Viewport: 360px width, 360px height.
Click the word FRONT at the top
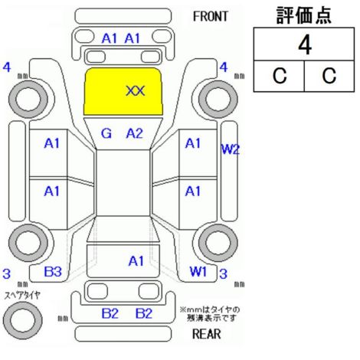[210, 17]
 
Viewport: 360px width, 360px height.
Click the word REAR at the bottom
[206, 334]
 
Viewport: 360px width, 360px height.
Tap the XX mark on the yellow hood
[136, 91]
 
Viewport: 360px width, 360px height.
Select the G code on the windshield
[106, 133]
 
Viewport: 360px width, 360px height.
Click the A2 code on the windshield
[135, 133]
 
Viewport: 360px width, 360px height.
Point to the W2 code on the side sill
[231, 149]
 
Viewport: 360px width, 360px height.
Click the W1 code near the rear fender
[198, 271]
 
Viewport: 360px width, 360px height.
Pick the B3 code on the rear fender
[53, 272]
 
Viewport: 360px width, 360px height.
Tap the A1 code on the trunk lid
[136, 261]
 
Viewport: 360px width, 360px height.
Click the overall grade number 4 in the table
[305, 45]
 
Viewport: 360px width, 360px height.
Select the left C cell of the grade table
[280, 76]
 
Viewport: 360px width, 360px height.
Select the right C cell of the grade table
[329, 76]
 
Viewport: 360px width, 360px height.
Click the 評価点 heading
[304, 15]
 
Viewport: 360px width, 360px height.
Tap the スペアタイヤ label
[22, 296]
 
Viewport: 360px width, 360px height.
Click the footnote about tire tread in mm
[210, 314]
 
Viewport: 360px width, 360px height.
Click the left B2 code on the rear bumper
[110, 313]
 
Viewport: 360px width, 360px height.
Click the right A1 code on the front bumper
[133, 39]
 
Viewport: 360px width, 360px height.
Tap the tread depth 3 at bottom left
[6, 274]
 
